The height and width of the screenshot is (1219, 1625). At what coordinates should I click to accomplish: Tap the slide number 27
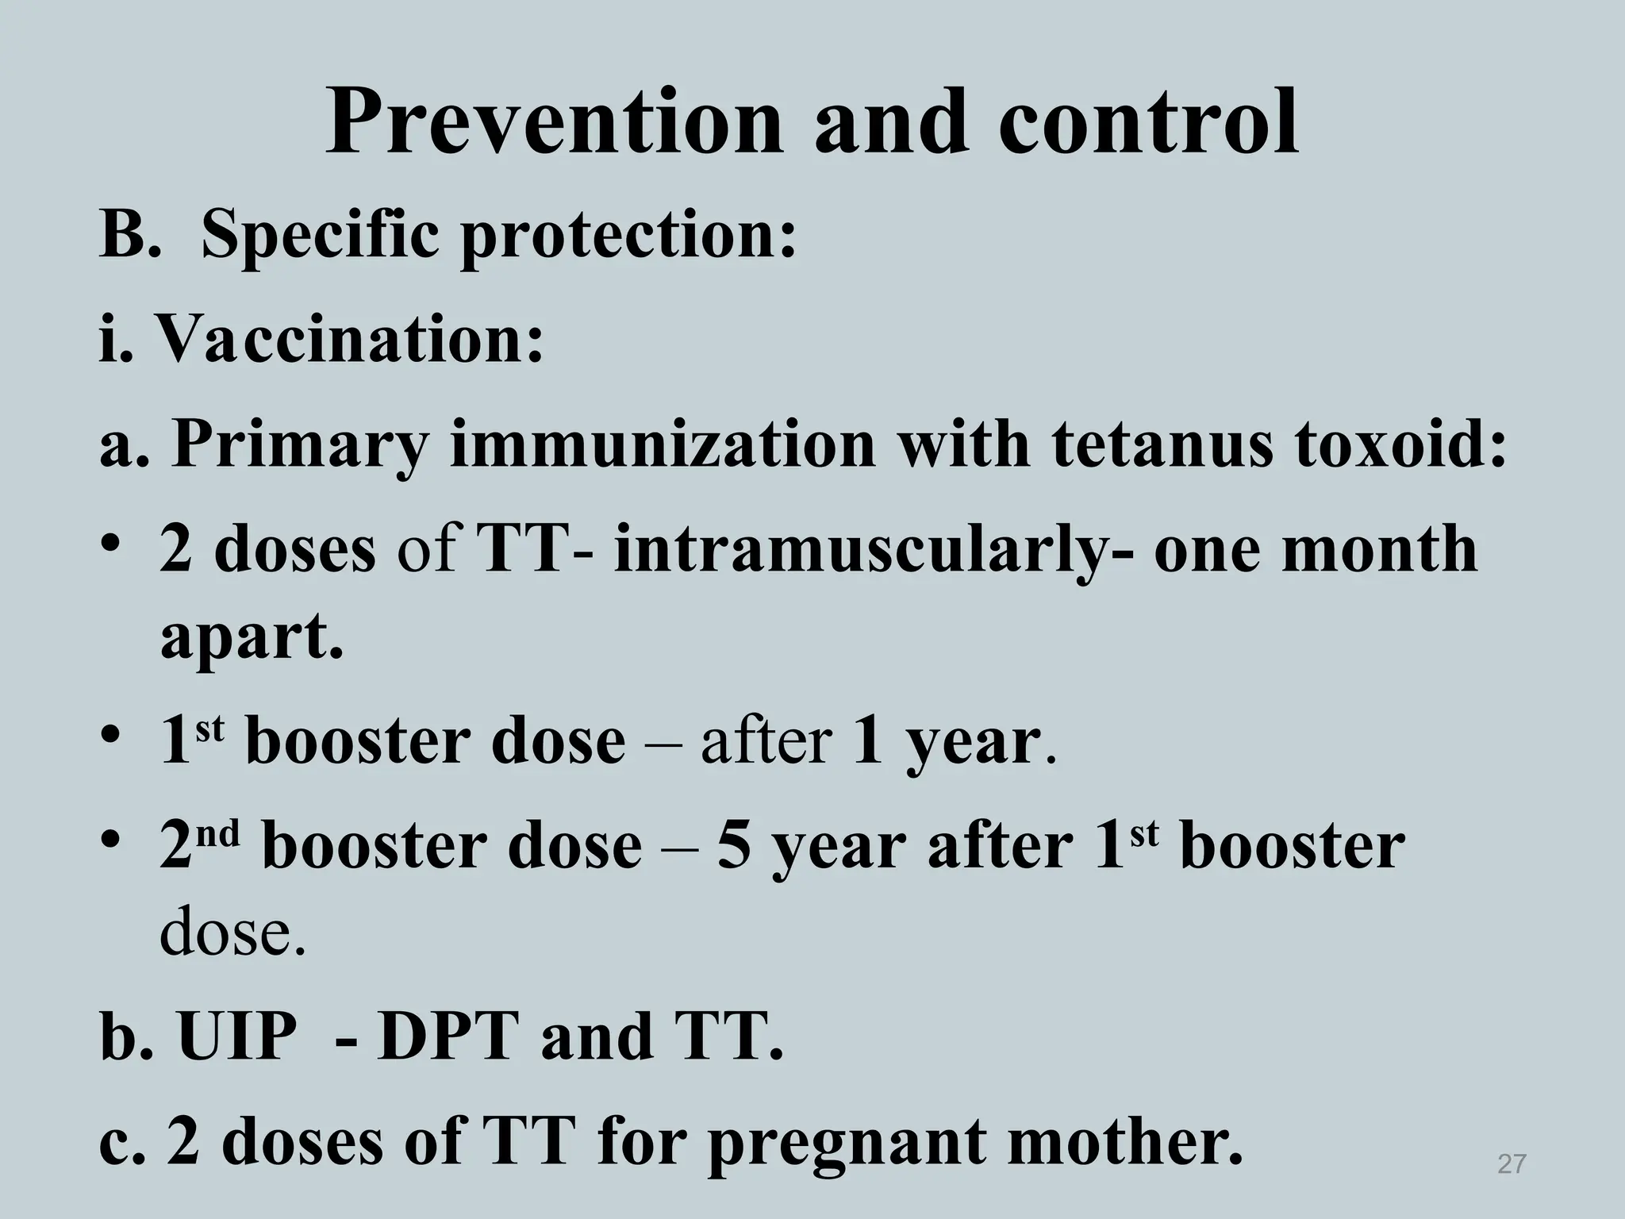(1512, 1164)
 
